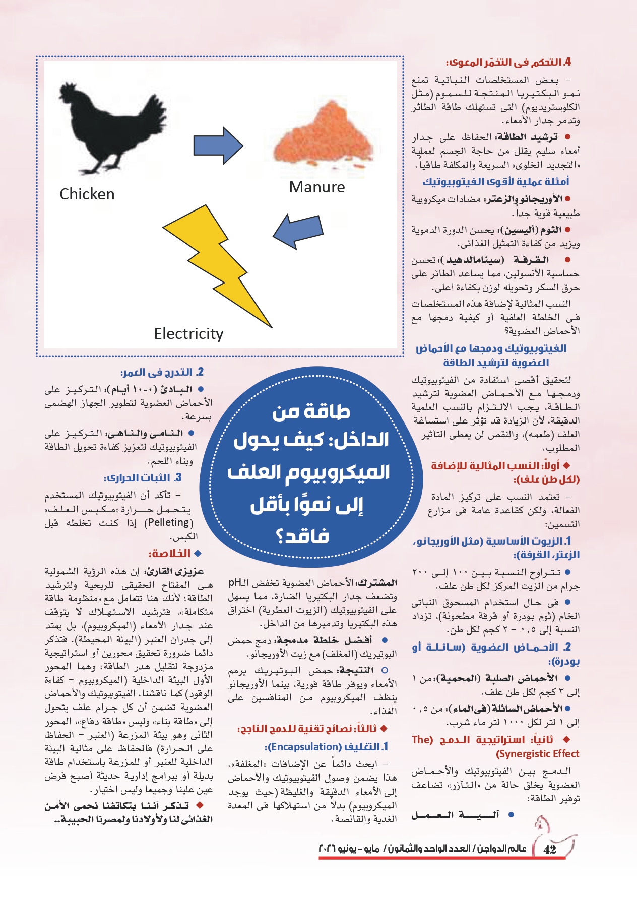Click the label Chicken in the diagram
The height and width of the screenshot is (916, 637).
(x=87, y=194)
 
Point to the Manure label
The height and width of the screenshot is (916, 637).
(x=317, y=187)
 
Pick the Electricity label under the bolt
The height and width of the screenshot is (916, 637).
(x=188, y=334)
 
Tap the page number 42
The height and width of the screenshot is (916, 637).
(x=550, y=850)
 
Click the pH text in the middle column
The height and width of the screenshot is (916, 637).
(x=235, y=583)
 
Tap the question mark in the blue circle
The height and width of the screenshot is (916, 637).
(x=282, y=537)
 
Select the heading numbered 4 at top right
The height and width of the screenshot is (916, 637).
(x=508, y=63)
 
